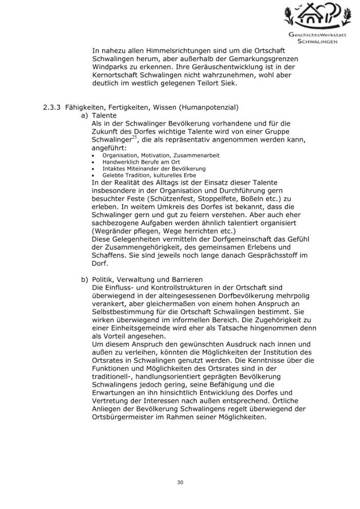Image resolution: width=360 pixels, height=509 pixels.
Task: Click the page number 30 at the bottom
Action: click(179, 482)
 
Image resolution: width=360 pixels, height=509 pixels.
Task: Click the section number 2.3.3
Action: click(52, 107)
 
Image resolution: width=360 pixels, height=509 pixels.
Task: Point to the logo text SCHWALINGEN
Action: click(313, 42)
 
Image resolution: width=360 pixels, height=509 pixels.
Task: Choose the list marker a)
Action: click(85, 115)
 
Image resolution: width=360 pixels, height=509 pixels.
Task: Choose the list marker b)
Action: click(85, 280)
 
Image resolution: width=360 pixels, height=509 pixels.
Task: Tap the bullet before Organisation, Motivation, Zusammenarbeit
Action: click(92, 155)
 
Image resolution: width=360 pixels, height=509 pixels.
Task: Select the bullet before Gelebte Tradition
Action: click(92, 175)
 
